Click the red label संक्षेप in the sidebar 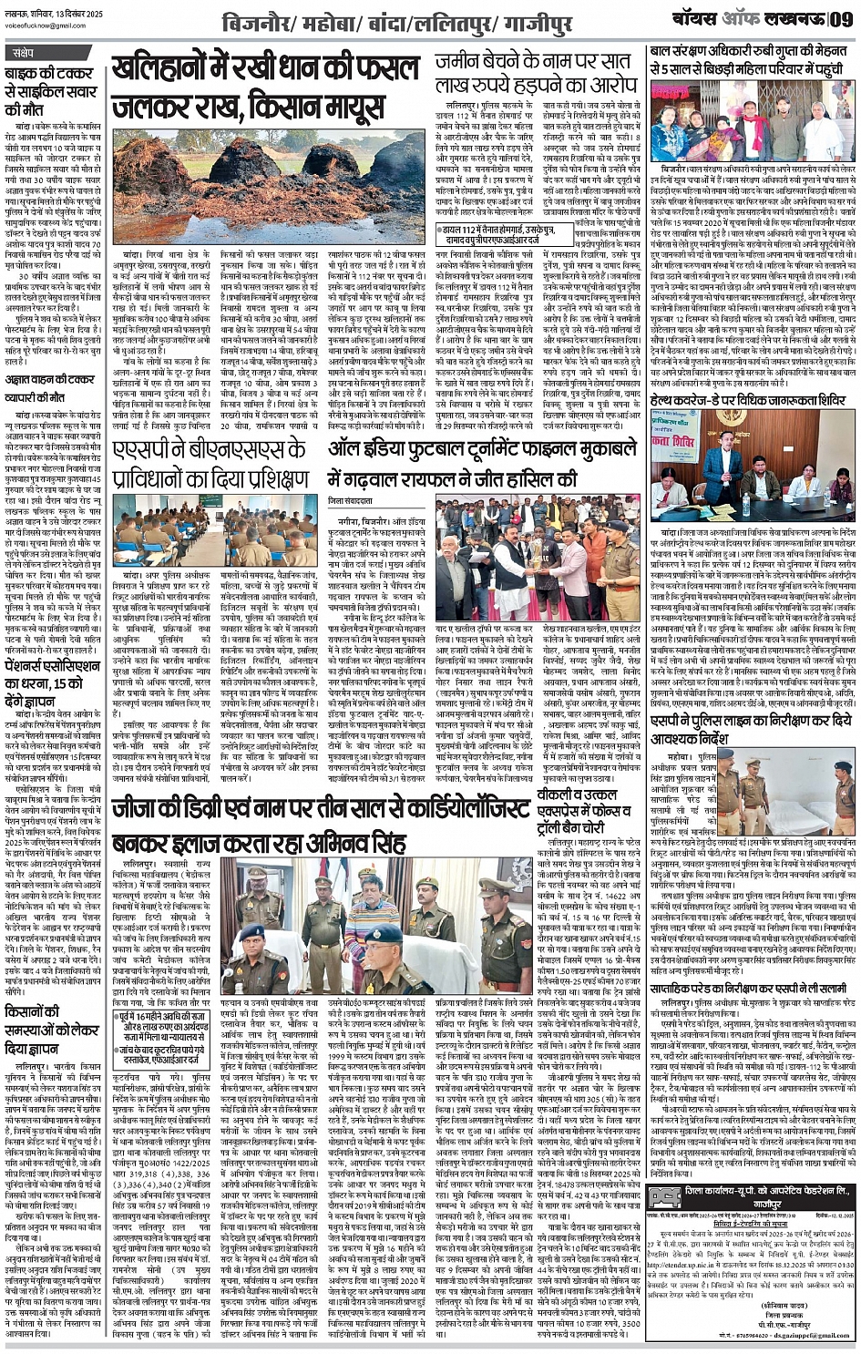pyautogui.click(x=26, y=53)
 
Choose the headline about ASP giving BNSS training pyautogui.click(x=216, y=469)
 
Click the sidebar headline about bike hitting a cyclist pyautogui.click(x=54, y=89)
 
